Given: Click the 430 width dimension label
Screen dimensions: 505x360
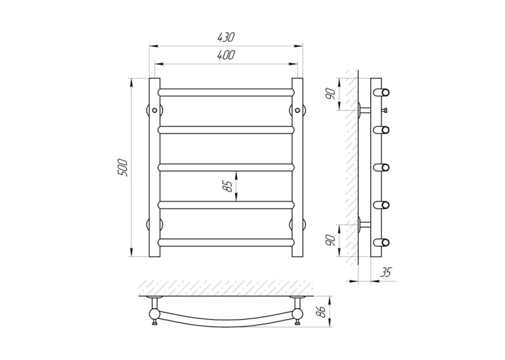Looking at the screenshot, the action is [x=226, y=37].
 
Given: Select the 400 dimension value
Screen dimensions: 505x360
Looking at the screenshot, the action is [x=226, y=55].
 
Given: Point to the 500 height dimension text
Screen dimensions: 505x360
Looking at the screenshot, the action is [x=123, y=167].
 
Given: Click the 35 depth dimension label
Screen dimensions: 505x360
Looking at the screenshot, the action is [x=386, y=272].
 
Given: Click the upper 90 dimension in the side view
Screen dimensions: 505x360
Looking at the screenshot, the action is [x=332, y=93].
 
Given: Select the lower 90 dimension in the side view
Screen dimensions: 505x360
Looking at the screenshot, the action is [x=332, y=240].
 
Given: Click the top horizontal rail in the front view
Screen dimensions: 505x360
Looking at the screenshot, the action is [x=226, y=92].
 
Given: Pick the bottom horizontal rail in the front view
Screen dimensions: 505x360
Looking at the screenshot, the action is [x=226, y=242].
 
